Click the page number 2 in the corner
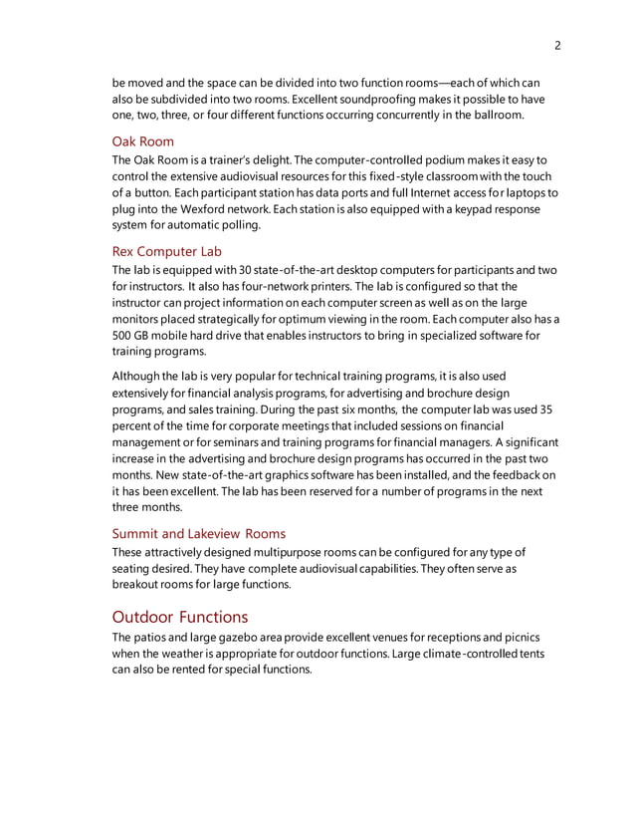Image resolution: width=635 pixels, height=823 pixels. point(558,45)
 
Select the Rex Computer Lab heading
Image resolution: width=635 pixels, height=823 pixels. point(166,251)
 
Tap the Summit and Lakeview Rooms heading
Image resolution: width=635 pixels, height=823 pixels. point(198,533)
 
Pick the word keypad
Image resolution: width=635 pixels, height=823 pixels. point(454,208)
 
